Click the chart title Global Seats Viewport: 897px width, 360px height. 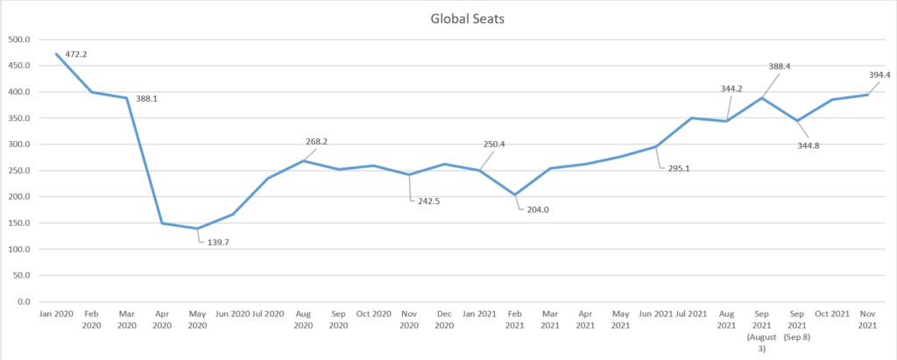(454, 18)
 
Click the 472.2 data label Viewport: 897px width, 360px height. (76, 54)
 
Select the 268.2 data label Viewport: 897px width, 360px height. (317, 141)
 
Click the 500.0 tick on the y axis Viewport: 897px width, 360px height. (18, 39)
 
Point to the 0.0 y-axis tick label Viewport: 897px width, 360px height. (24, 301)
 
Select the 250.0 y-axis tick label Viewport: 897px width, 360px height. (18, 171)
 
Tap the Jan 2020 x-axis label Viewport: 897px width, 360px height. (56, 314)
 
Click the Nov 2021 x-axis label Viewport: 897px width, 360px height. (867, 319)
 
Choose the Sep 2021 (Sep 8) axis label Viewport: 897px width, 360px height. (797, 324)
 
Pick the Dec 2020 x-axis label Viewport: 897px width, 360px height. (445, 319)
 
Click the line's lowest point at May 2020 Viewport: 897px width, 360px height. (198, 229)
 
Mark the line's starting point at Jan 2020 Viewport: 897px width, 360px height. (56, 54)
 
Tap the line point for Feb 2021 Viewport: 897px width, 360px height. (515, 194)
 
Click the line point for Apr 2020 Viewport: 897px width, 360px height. (162, 223)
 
